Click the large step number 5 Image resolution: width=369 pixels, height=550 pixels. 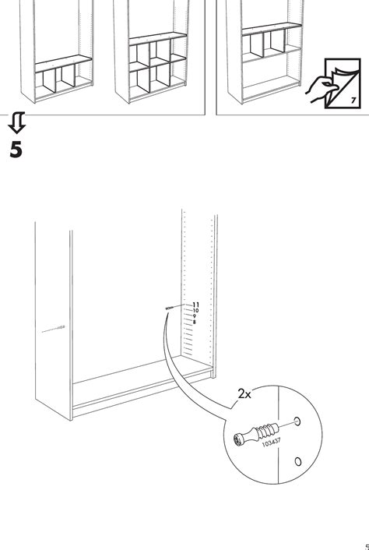(x=16, y=150)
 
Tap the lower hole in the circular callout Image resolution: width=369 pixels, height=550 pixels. (x=297, y=461)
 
